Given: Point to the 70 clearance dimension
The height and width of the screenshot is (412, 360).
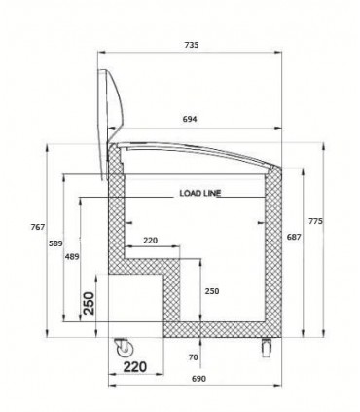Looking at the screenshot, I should (x=193, y=358).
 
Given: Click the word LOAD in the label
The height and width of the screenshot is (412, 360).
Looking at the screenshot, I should (x=191, y=193).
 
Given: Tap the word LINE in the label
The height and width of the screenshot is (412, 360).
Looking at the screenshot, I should (x=211, y=193).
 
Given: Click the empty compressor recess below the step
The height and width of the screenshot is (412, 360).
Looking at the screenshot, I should (x=134, y=302).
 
